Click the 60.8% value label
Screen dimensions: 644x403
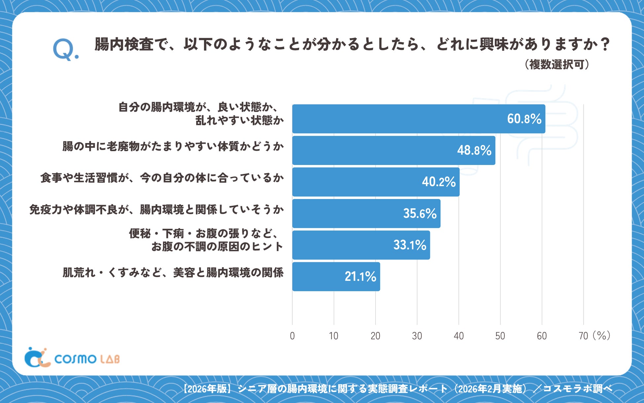[x=524, y=119]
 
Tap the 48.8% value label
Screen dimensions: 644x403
[x=474, y=150]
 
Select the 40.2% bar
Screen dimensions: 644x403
[x=376, y=182]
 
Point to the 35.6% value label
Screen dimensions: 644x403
[x=420, y=214]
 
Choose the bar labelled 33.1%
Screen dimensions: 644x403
[x=361, y=245]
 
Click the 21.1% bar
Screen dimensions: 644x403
[x=336, y=277]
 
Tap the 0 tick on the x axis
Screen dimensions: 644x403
[x=292, y=336]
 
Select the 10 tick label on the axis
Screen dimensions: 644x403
[x=334, y=336]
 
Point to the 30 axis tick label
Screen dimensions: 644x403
[x=417, y=336]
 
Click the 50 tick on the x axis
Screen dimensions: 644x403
[x=500, y=336]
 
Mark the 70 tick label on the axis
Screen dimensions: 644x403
[x=583, y=336]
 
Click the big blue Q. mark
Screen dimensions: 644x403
[x=66, y=50]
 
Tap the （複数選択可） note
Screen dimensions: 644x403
[x=557, y=64]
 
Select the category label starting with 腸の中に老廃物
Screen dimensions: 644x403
[x=173, y=146]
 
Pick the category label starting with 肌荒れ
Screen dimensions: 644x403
[x=173, y=273]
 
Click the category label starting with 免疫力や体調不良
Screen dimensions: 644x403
[x=157, y=210]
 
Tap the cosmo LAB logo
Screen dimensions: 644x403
[x=72, y=357]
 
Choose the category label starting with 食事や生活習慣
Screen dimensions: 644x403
[x=162, y=178]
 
